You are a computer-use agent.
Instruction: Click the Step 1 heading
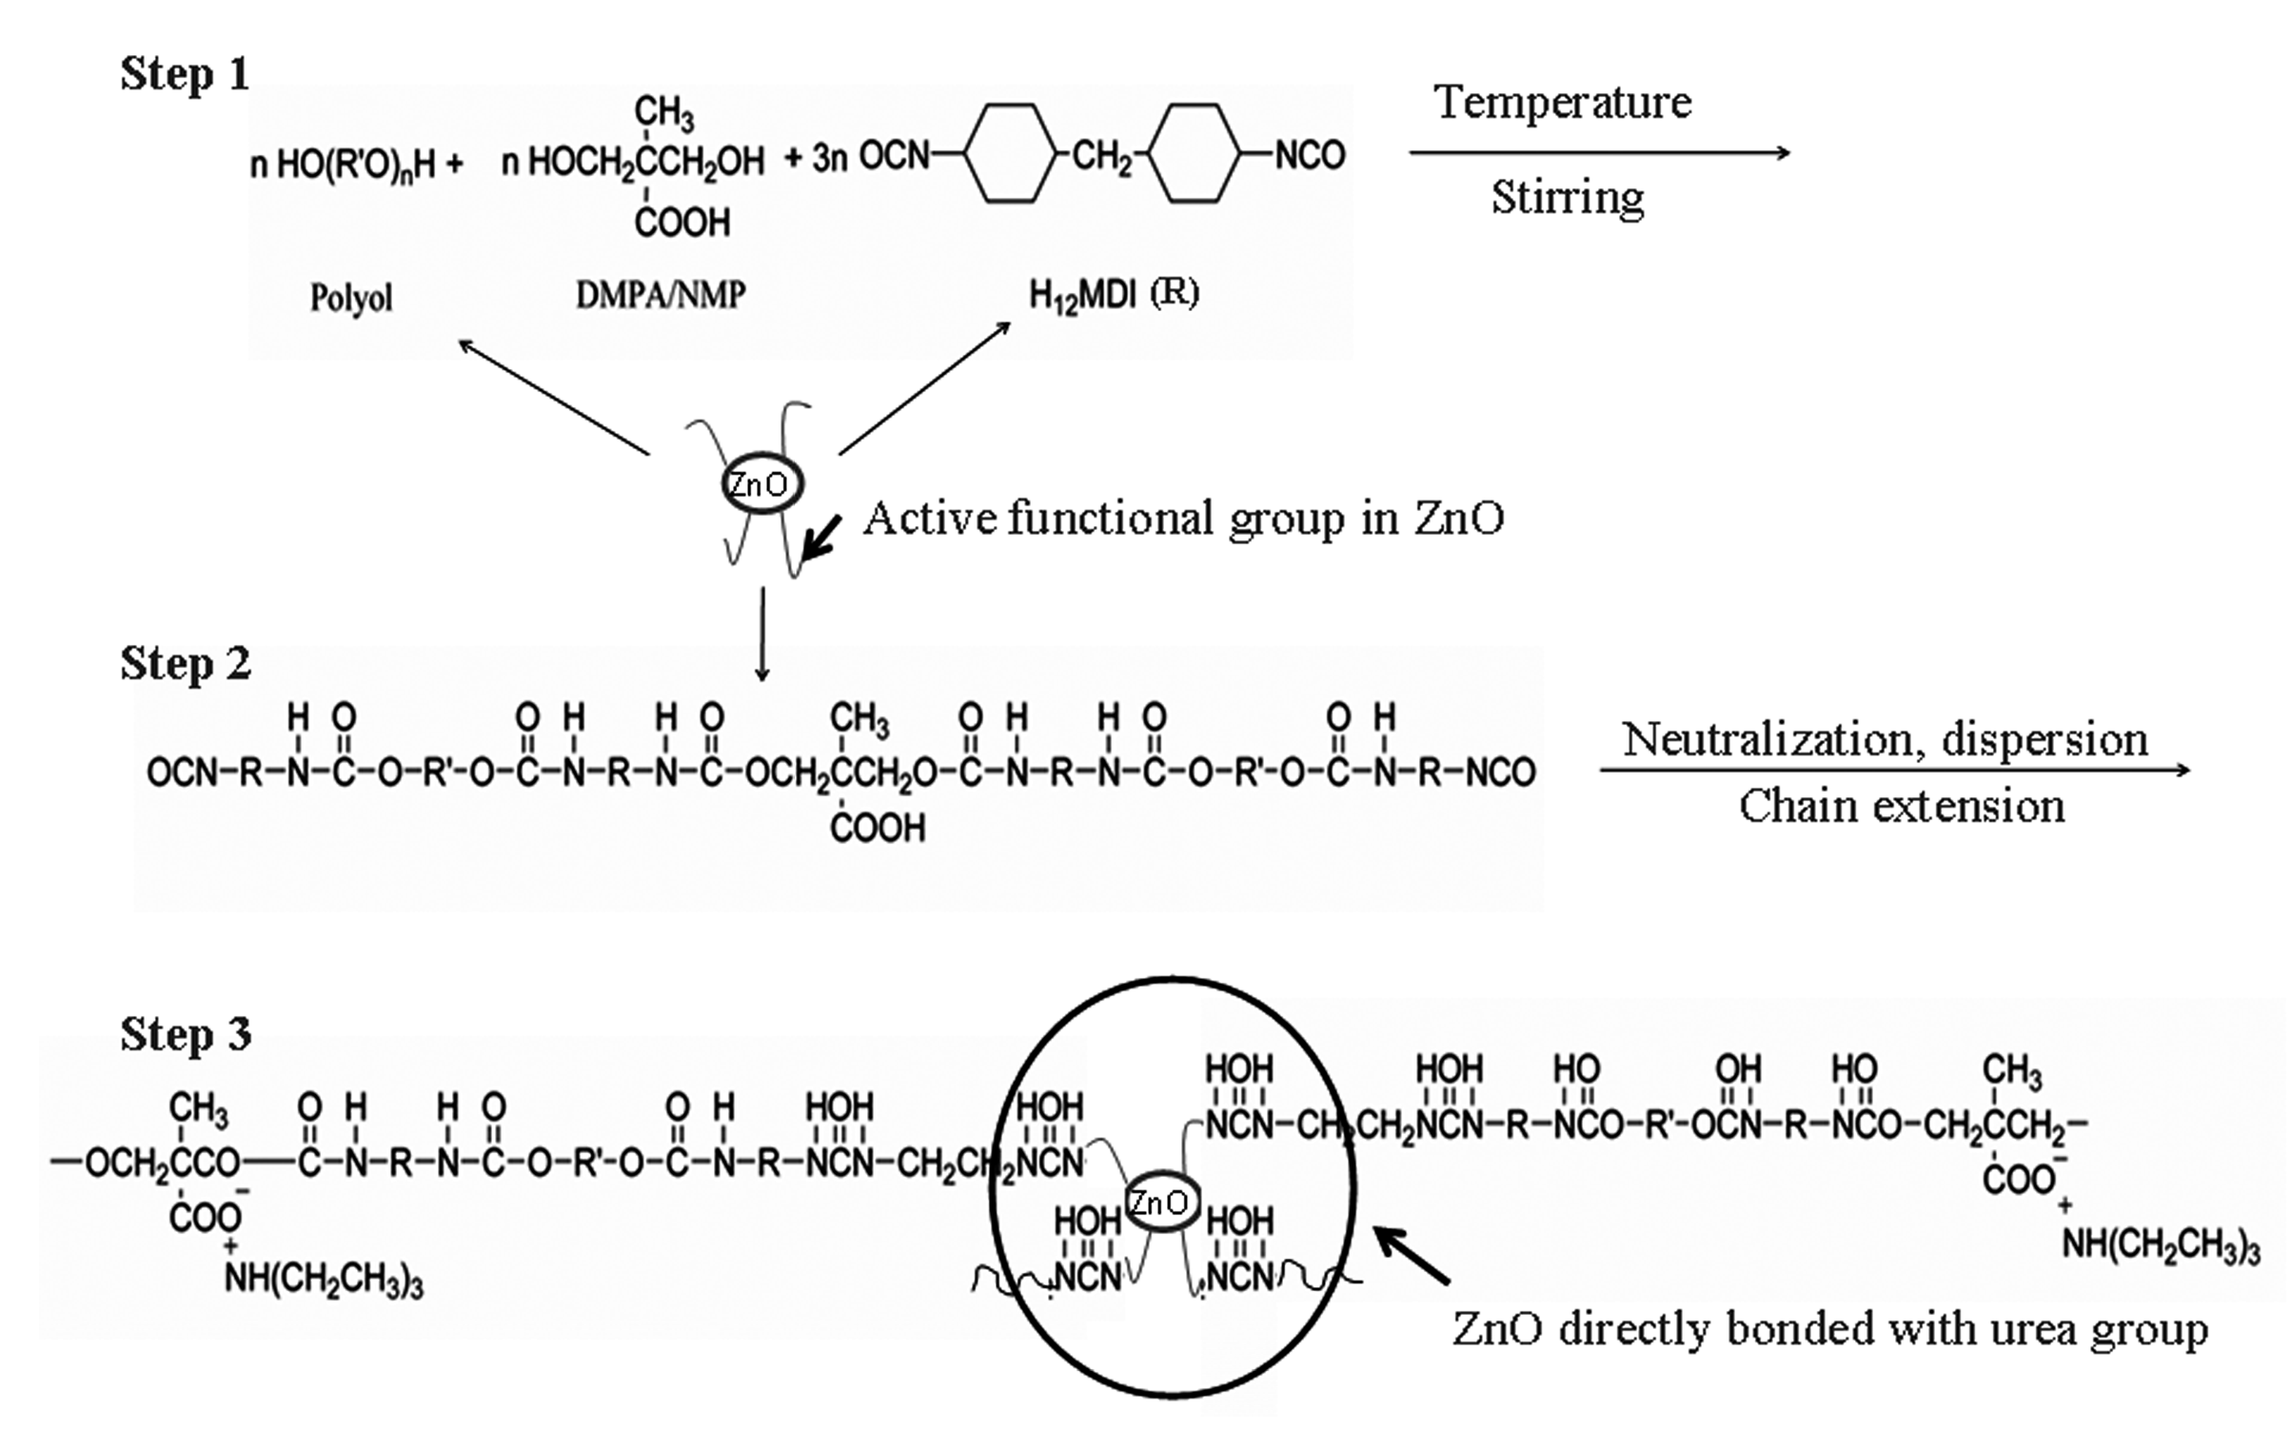click(x=185, y=74)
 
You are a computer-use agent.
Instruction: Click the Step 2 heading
click(x=186, y=664)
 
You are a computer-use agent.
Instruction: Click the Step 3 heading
click(x=186, y=1034)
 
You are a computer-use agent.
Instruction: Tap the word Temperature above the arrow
click(x=1563, y=103)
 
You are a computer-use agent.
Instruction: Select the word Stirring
click(x=1567, y=198)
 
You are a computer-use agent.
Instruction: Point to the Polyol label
click(x=350, y=299)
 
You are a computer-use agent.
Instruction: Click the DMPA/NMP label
click(x=661, y=296)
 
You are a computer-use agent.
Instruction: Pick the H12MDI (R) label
click(x=1114, y=294)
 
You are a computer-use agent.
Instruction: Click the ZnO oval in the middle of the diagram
click(x=760, y=484)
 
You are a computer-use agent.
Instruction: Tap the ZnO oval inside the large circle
click(x=1158, y=1203)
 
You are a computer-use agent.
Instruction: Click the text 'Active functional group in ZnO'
click(x=1183, y=519)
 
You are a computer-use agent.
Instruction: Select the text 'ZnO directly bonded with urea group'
click(x=1829, y=1329)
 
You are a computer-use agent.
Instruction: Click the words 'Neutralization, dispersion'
click(x=1885, y=739)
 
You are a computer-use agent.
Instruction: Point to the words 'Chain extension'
click(x=1902, y=807)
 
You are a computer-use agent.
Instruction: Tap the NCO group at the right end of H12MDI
click(x=1309, y=155)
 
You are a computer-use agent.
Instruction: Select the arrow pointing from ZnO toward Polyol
click(x=552, y=396)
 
